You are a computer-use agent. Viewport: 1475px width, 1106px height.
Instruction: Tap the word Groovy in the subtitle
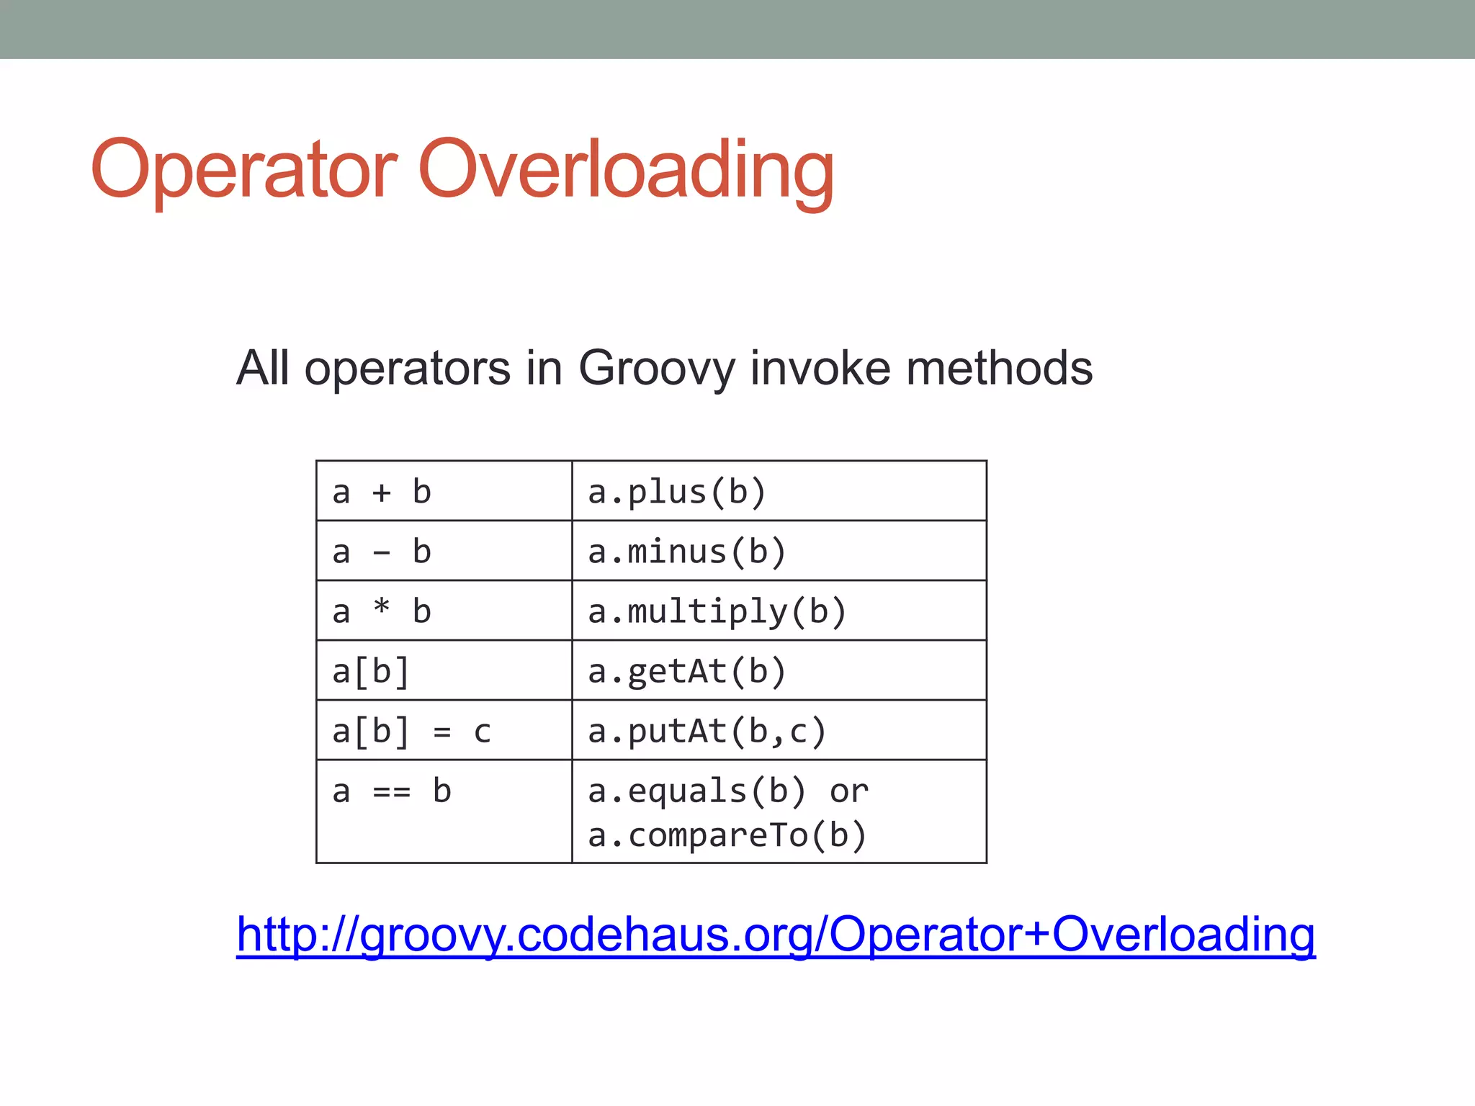coord(658,369)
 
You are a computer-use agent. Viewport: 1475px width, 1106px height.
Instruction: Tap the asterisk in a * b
coord(382,608)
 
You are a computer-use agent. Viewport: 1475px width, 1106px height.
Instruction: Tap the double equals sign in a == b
coord(392,792)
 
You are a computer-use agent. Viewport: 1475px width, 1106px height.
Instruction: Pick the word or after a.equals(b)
coord(848,792)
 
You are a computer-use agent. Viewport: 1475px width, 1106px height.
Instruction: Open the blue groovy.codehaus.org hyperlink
coord(776,935)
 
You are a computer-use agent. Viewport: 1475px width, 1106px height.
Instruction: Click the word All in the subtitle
coord(262,369)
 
